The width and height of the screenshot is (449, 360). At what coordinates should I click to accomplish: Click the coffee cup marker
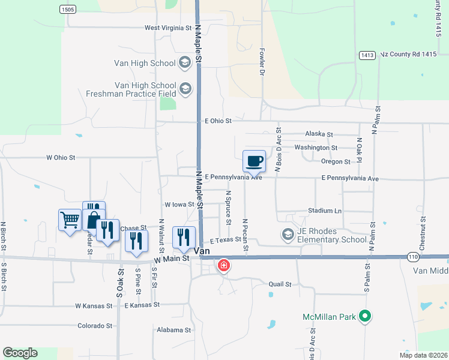[254, 161]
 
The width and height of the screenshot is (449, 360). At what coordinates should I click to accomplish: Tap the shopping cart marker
[70, 220]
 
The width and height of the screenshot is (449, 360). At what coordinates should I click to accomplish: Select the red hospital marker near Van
[223, 265]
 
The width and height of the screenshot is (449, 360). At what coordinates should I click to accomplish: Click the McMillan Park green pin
[364, 316]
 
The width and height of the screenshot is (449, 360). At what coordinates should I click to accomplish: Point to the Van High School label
[145, 62]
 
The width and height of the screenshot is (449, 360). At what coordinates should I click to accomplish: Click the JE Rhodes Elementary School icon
[288, 234]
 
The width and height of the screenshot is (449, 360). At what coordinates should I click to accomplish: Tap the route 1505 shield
[68, 9]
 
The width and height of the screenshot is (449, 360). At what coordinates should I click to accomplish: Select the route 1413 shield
[367, 55]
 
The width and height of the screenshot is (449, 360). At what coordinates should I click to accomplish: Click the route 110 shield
[412, 256]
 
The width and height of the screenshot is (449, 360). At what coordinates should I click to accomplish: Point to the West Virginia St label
[167, 28]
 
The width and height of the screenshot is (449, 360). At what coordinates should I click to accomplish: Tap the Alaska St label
[319, 134]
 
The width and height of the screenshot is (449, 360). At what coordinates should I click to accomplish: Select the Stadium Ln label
[324, 211]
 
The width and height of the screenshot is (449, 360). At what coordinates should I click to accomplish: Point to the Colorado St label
[95, 326]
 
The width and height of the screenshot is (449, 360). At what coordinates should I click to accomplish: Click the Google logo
[20, 353]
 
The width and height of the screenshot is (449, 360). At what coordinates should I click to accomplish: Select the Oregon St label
[336, 161]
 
